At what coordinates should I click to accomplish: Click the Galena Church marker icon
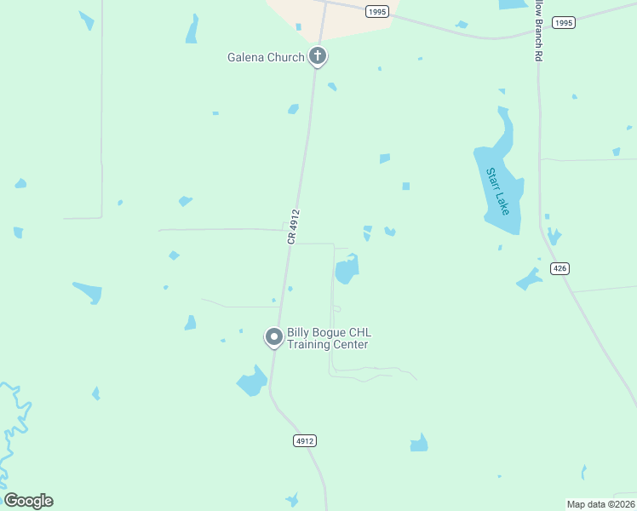[318, 57]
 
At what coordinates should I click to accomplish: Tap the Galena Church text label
[266, 58]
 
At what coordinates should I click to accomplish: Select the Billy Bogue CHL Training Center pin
[274, 337]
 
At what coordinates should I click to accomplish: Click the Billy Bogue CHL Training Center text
[328, 338]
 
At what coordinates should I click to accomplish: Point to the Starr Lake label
[497, 191]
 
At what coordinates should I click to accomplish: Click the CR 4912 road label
[294, 227]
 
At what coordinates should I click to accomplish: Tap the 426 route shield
[560, 268]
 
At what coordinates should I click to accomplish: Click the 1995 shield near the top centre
[377, 11]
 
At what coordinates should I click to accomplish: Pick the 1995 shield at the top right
[563, 23]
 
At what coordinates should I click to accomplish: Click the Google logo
[28, 501]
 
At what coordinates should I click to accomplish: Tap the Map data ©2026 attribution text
[600, 504]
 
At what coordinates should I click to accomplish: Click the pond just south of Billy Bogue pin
[252, 382]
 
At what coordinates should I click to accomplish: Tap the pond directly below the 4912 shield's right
[418, 443]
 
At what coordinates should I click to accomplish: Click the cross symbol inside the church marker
[318, 56]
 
